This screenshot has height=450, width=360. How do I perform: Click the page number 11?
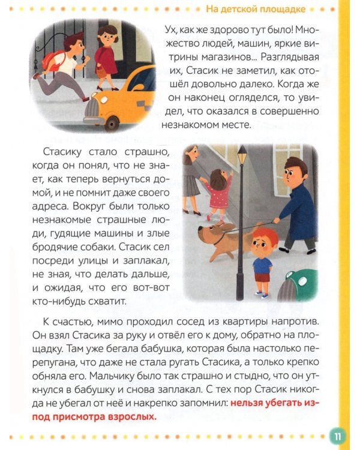click(337, 435)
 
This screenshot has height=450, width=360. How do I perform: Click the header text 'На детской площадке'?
click(256, 9)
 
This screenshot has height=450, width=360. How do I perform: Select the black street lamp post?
click(241, 228)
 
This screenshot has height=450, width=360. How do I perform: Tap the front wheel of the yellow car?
click(112, 124)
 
